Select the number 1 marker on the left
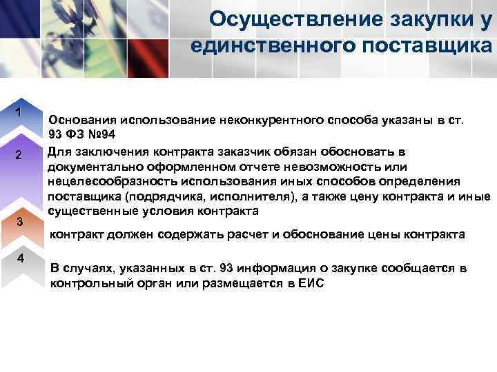[20, 112]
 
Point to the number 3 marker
[20, 222]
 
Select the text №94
[99, 136]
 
